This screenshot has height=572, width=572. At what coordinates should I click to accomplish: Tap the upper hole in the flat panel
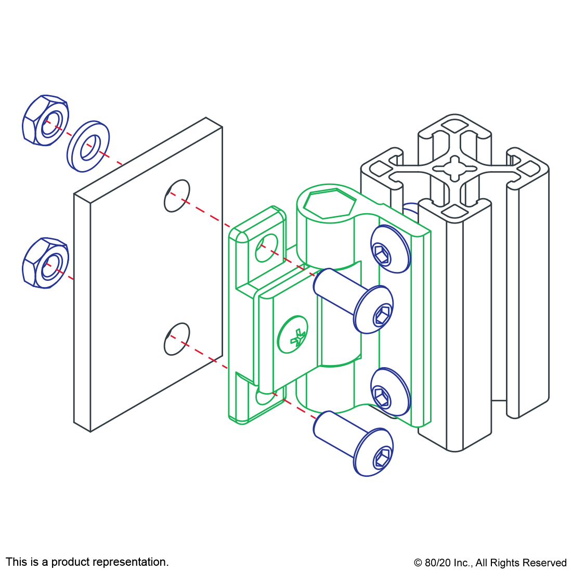pos(177,196)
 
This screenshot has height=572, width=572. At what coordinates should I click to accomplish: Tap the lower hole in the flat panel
pos(177,339)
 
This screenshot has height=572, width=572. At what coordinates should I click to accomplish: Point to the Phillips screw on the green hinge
pos(293,335)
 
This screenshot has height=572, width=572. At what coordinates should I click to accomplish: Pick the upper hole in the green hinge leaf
pos(266,248)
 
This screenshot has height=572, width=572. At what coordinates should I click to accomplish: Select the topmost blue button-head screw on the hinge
pos(391,249)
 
